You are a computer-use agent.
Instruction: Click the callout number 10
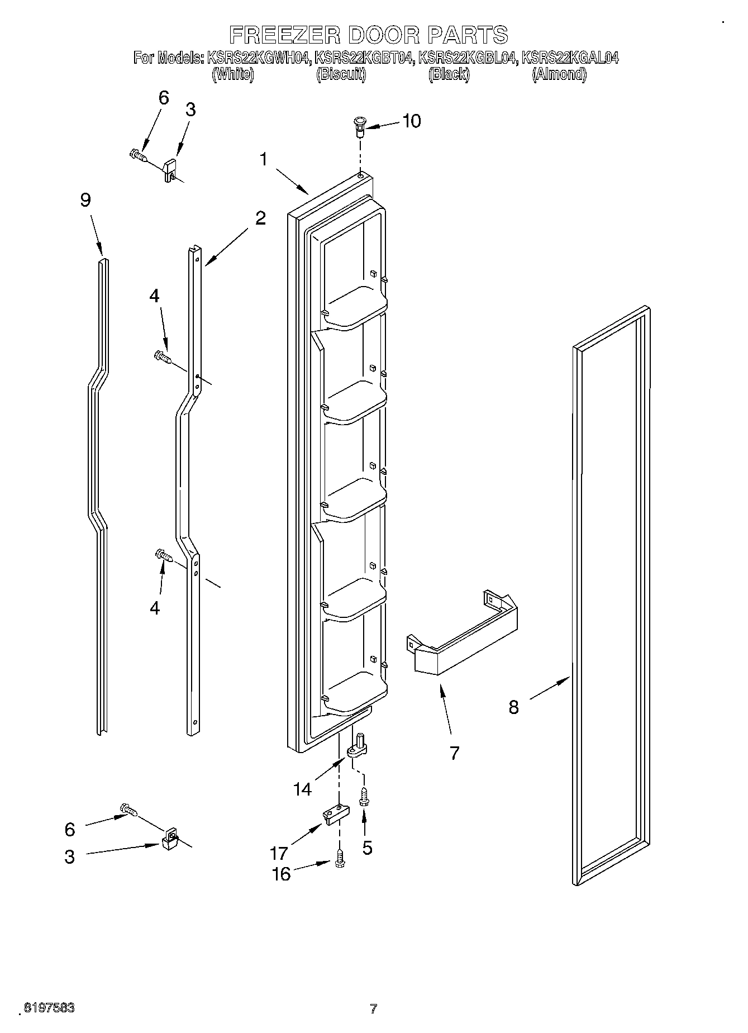(x=412, y=121)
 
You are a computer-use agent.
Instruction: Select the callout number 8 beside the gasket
(x=513, y=707)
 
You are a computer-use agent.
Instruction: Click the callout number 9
(x=85, y=200)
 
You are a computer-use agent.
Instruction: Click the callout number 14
(x=302, y=788)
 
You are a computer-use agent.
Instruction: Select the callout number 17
(x=279, y=853)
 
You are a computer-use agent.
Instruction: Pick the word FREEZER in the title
(x=285, y=35)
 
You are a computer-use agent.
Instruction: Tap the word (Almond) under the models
(x=559, y=74)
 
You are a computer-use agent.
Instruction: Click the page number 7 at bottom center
(x=374, y=1009)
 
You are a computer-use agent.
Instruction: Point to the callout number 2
(x=260, y=218)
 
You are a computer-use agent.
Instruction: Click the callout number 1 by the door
(x=263, y=159)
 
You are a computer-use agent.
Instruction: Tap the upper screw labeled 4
(x=163, y=355)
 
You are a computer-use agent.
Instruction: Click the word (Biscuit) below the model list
(x=341, y=74)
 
